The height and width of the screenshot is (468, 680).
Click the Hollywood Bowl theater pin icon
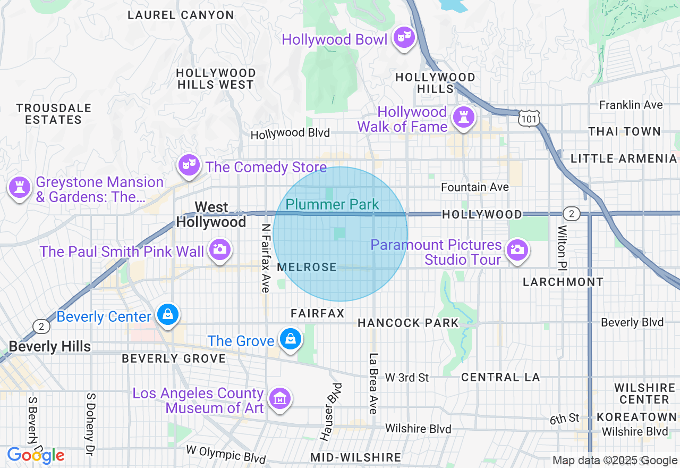click(x=405, y=37)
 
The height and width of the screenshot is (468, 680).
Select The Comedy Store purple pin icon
click(x=187, y=165)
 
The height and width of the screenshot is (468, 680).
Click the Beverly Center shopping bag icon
click(x=168, y=315)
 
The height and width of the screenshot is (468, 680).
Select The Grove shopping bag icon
click(x=290, y=339)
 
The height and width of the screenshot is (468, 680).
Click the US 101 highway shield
click(x=530, y=119)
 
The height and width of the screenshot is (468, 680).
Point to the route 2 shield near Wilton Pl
click(x=571, y=214)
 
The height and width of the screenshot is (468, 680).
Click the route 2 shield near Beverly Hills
click(x=41, y=325)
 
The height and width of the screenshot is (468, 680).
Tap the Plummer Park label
click(x=332, y=204)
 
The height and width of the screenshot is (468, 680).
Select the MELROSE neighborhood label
click(x=307, y=267)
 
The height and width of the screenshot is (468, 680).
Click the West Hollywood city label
click(x=211, y=214)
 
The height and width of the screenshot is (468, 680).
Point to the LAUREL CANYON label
click(x=181, y=15)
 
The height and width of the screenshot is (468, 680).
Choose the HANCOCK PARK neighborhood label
click(x=408, y=323)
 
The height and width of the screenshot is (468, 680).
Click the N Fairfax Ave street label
click(x=266, y=257)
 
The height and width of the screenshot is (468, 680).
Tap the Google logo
click(x=36, y=455)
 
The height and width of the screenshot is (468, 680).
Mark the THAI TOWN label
click(x=624, y=131)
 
